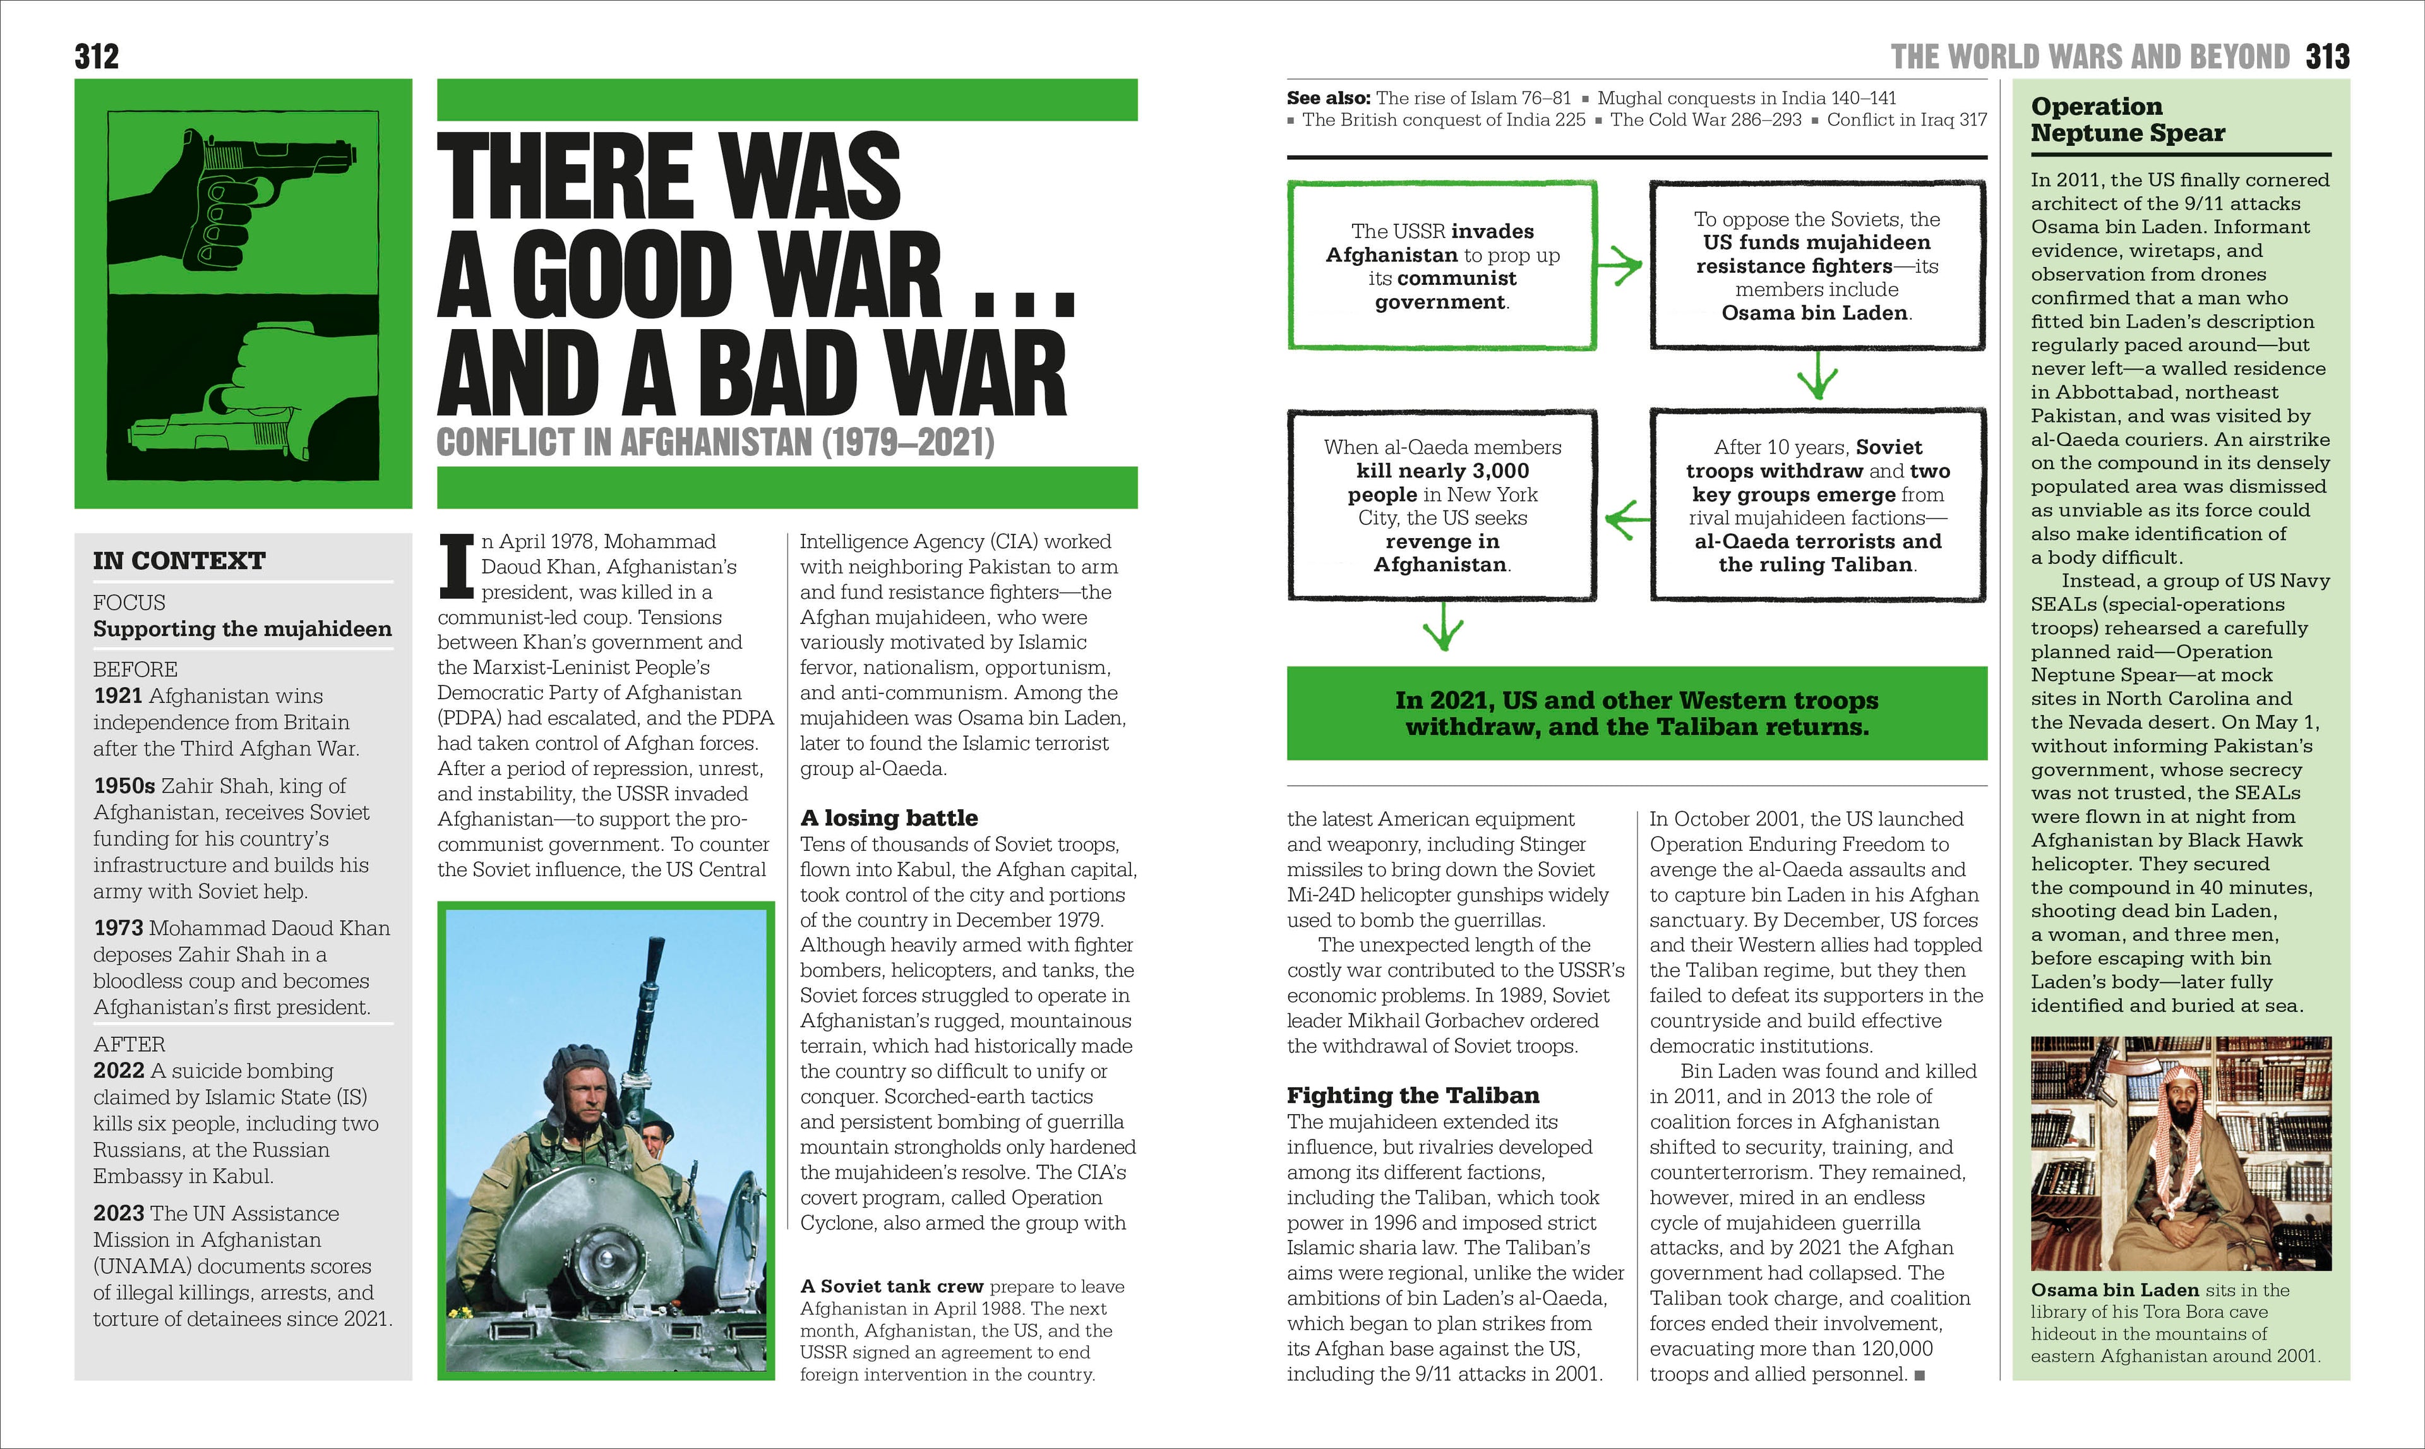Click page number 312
pos(97,57)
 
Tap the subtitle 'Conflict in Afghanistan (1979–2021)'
pos(715,442)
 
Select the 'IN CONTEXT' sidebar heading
pos(179,560)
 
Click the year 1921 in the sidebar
pos(118,696)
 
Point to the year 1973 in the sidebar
pos(118,929)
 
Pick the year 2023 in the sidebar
pos(118,1213)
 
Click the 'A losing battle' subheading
pos(889,817)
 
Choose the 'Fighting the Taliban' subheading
pos(1413,1095)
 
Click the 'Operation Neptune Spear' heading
pos(2128,119)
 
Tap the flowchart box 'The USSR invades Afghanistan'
pos(1442,265)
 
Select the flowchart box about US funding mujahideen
pos(1817,265)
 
